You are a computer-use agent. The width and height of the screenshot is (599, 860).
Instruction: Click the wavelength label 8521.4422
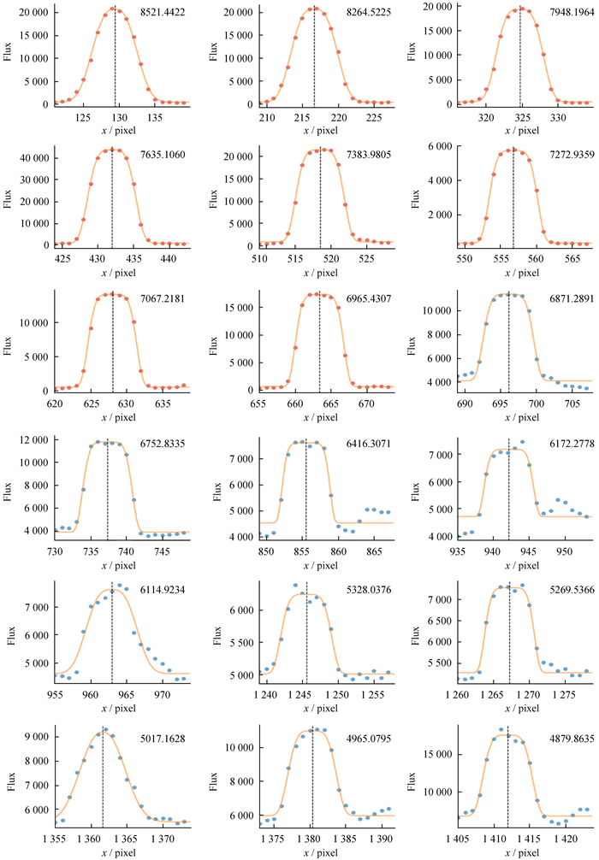tap(165, 13)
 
